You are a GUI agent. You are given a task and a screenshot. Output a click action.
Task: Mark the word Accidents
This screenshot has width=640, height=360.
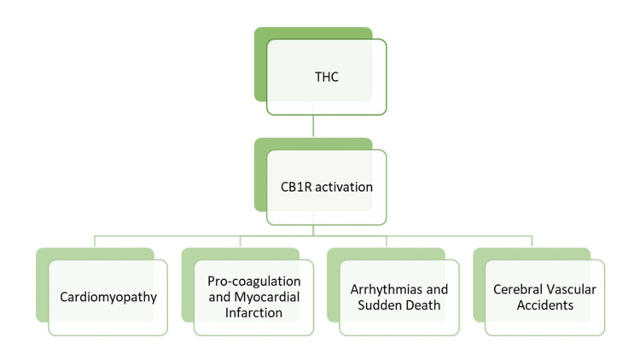pos(544,305)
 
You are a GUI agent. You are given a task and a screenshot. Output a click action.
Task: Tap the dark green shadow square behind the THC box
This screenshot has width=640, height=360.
pos(260,60)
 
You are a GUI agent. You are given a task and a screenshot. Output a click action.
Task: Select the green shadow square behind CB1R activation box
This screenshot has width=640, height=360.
pos(260,171)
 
